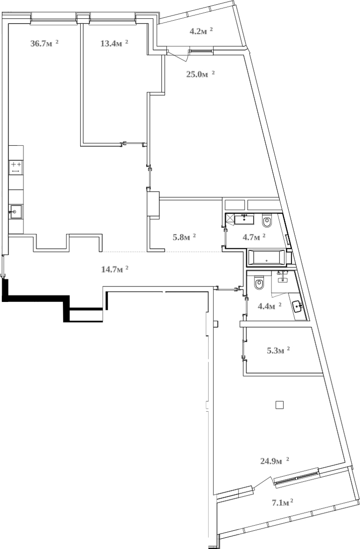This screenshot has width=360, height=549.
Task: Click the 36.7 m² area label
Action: [44, 44]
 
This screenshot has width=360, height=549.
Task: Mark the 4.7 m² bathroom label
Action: [254, 237]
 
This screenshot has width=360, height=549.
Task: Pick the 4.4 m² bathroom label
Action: [270, 306]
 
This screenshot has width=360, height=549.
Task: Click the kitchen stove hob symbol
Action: [16, 167]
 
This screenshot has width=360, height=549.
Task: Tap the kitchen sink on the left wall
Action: [15, 212]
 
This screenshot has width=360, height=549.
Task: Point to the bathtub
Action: [265, 257]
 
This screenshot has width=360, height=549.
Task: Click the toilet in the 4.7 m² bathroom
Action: [267, 220]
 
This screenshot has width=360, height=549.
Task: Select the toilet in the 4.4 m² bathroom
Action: [259, 283]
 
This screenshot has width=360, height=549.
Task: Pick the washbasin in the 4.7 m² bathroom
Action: [244, 218]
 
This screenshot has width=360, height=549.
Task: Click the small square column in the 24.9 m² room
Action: [279, 405]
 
